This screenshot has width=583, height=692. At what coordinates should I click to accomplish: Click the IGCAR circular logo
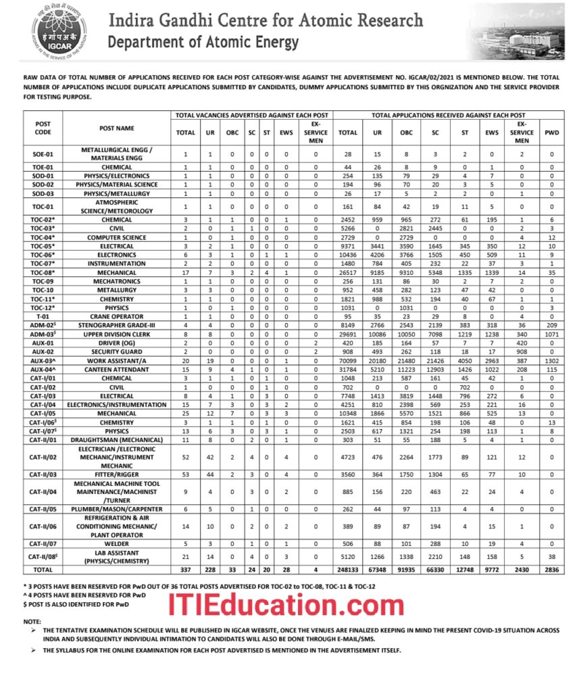pyautogui.click(x=59, y=30)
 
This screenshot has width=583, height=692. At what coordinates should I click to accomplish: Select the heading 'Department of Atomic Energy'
pyautogui.click(x=203, y=43)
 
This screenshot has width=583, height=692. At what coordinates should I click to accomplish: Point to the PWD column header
pyautogui.click(x=551, y=133)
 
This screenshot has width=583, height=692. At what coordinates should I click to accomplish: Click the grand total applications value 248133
pyautogui.click(x=348, y=570)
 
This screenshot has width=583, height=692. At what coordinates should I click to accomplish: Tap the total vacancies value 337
pyautogui.click(x=185, y=570)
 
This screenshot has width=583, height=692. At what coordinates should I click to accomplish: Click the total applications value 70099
pyautogui.click(x=348, y=360)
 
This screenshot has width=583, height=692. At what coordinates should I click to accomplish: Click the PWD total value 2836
pyautogui.click(x=551, y=570)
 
